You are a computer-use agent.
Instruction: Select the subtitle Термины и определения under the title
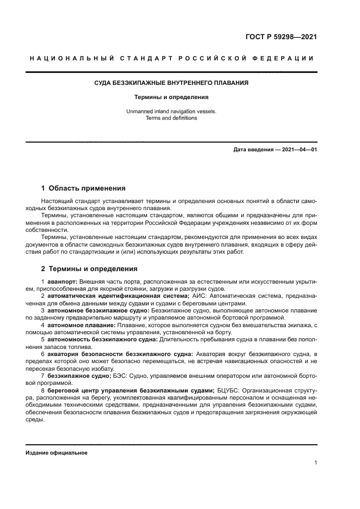(171, 97)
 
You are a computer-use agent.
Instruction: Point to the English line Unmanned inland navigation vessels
(171, 111)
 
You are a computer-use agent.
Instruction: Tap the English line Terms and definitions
(171, 118)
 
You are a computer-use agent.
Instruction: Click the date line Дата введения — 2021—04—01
(274, 149)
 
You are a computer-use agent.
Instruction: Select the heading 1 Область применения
(83, 188)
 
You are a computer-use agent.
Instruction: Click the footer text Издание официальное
(56, 453)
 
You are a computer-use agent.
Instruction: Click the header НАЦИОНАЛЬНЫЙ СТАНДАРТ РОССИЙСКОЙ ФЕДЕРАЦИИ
(171, 58)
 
